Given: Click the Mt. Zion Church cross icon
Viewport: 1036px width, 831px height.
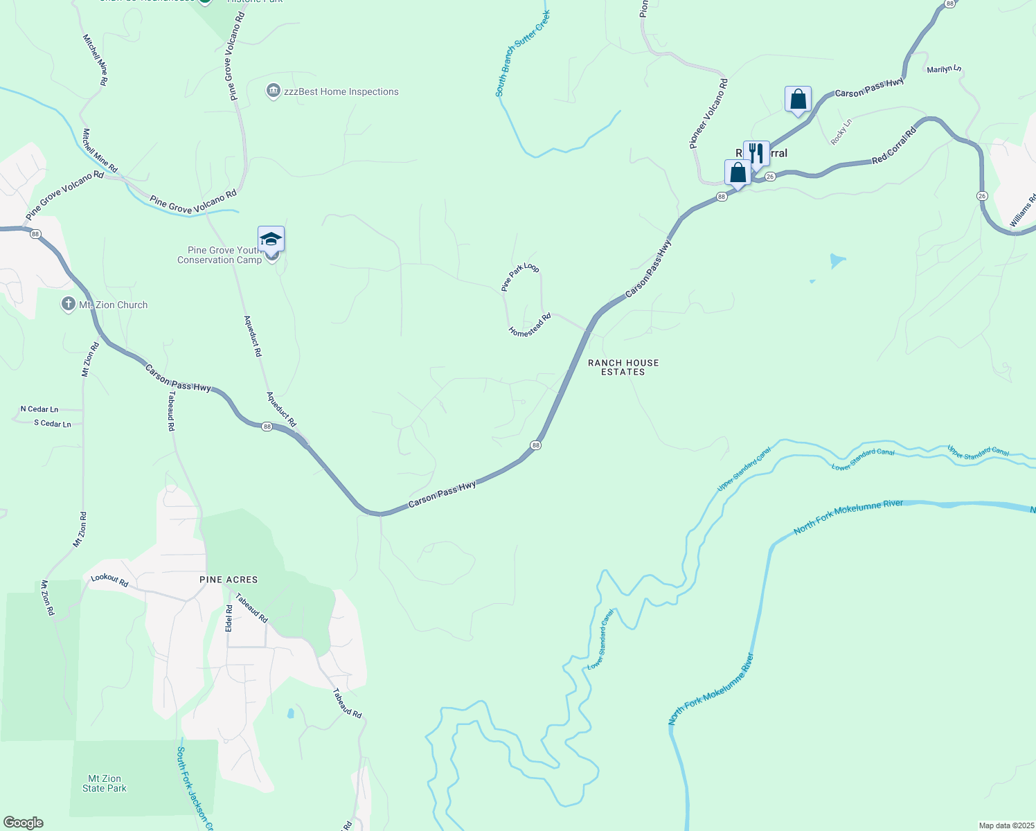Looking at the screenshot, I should [x=68, y=304].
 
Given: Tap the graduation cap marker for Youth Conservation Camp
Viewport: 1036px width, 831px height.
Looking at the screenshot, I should [x=271, y=240].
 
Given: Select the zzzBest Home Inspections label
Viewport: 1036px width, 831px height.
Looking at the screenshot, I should [x=341, y=91].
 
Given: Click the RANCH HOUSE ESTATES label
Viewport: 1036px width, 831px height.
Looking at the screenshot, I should [x=623, y=367].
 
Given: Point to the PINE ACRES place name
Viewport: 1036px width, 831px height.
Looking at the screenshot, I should [x=229, y=580].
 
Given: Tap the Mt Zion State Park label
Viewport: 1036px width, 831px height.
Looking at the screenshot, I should [x=105, y=783].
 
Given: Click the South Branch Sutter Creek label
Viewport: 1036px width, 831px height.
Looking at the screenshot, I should [x=523, y=53].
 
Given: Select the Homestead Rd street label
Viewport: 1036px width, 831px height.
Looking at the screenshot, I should [x=530, y=325].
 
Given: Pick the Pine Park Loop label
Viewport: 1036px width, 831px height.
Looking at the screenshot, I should [x=520, y=277].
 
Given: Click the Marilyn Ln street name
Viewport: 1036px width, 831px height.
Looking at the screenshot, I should [x=944, y=69].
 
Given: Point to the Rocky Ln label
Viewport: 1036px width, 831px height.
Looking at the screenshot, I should [x=841, y=132].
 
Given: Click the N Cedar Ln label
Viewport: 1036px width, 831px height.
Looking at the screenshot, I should [x=39, y=409].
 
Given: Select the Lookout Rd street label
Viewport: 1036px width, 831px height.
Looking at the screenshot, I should [x=109, y=580].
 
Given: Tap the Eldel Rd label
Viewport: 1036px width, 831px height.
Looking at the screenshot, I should [x=229, y=618].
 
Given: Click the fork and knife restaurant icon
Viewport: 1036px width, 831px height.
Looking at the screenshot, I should [x=756, y=153].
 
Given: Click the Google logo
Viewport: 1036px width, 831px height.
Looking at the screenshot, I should [x=23, y=823].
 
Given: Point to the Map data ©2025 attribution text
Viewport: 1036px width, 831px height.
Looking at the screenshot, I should [x=1006, y=825].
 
